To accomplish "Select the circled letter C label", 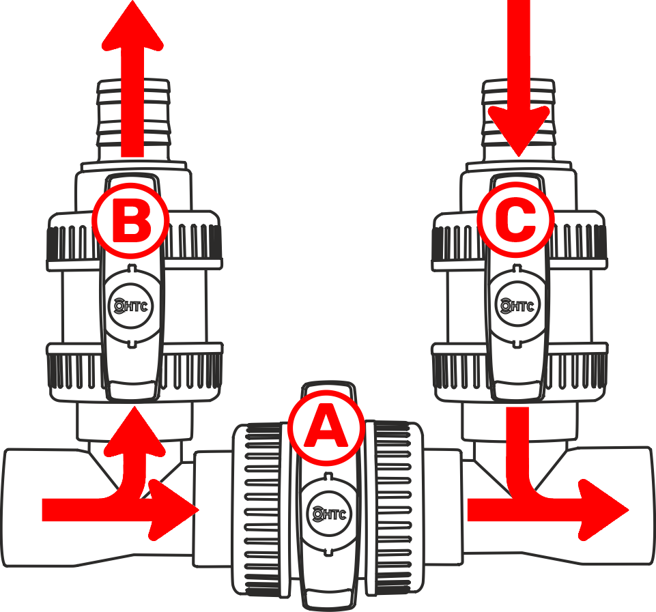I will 515,220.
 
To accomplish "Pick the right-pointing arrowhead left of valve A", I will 174,509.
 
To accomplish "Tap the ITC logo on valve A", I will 328,512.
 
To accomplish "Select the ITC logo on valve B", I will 131,305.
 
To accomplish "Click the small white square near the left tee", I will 120,467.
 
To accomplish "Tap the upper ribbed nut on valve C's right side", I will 580,235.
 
